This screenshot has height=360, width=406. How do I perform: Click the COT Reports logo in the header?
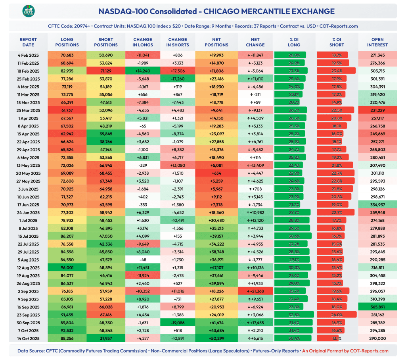[28, 11]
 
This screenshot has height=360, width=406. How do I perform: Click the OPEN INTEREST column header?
[377, 42]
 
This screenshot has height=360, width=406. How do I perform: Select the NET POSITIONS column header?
[216, 42]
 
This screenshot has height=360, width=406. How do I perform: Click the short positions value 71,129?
[106, 71]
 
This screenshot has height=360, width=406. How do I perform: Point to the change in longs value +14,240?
[143, 71]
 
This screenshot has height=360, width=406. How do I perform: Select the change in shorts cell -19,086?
[178, 323]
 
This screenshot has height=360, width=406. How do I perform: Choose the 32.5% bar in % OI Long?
[294, 315]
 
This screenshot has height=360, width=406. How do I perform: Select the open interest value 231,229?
[377, 110]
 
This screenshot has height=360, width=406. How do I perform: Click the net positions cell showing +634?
[216, 173]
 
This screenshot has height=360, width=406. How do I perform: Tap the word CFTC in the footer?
[54, 351]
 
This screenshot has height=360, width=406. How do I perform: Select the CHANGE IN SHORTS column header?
[178, 42]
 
